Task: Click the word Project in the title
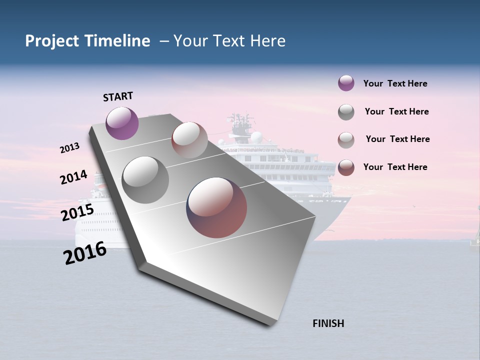[x=52, y=41]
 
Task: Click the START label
[x=118, y=96]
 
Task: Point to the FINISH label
[x=328, y=323]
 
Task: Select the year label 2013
[x=70, y=148]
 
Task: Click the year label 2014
[x=73, y=177]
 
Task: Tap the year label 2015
[x=77, y=212]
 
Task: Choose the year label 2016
[x=85, y=253]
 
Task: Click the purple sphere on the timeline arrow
[x=122, y=123]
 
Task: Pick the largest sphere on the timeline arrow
[x=216, y=207]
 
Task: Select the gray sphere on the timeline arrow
[x=145, y=180]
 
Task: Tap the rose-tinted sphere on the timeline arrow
[x=189, y=140]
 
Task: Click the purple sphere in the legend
[x=346, y=83]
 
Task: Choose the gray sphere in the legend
[x=346, y=112]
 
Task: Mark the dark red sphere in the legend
[x=346, y=167]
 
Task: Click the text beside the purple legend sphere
[x=395, y=83]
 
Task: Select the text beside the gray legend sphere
[x=396, y=111]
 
